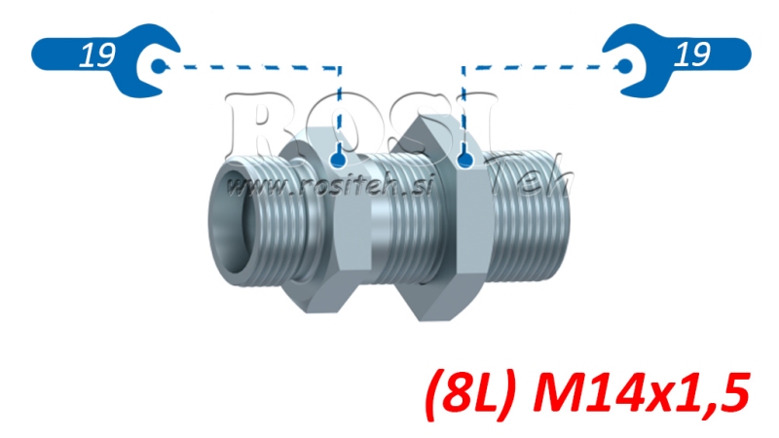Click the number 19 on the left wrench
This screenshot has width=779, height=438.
click(x=93, y=56)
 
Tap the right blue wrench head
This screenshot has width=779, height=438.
click(x=630, y=64)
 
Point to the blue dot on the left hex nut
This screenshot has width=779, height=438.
click(x=338, y=159)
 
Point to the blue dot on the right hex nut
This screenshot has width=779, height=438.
click(x=464, y=159)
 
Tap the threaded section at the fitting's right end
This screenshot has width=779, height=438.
click(x=531, y=219)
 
